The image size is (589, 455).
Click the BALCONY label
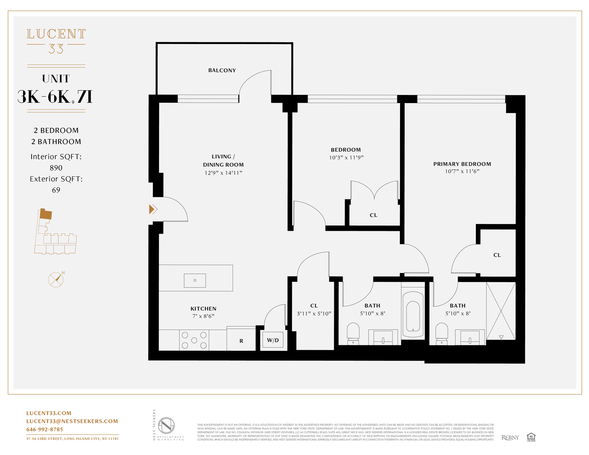[x=222, y=71]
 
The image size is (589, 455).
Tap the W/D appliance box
[x=273, y=340]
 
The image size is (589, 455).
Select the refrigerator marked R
[x=241, y=340]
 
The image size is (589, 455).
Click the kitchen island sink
[x=195, y=280]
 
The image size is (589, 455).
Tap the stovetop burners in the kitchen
[x=194, y=340]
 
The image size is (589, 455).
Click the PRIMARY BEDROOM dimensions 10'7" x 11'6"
[x=462, y=171]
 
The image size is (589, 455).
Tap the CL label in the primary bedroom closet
[x=497, y=255]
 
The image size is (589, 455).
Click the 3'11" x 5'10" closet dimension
[x=314, y=314]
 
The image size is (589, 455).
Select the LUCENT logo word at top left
[x=56, y=34]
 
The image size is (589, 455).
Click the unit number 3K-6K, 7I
[x=55, y=97]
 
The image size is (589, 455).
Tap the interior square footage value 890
[x=56, y=168]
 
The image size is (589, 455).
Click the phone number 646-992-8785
[x=45, y=429]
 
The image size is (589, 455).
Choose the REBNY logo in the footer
[x=510, y=438]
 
